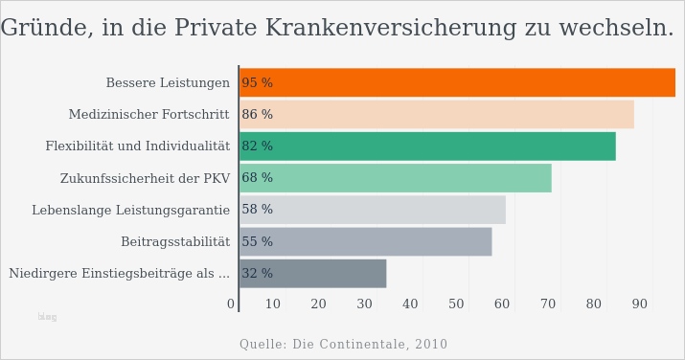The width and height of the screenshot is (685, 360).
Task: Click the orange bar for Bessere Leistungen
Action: point(457,82)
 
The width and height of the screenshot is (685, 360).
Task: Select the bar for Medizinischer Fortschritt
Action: point(436,115)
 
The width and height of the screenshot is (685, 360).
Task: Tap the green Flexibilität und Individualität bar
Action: point(427,146)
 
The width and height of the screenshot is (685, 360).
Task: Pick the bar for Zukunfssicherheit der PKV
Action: point(395,178)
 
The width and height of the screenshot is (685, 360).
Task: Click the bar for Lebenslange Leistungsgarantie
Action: point(372,210)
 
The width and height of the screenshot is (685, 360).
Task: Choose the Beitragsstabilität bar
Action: point(365,241)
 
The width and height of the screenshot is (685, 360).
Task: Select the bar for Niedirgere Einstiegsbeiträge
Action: point(312,273)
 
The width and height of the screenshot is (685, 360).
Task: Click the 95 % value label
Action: point(257,83)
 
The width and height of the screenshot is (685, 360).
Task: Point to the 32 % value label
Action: point(257,274)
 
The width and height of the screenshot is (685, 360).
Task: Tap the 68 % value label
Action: point(257,178)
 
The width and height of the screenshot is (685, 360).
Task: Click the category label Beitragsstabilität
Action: point(175,242)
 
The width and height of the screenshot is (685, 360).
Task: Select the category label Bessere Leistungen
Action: point(168,83)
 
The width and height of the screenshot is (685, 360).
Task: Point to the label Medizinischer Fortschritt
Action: point(148,115)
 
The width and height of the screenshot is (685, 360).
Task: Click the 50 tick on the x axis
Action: point(456,304)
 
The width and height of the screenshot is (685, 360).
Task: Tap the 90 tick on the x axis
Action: point(639,304)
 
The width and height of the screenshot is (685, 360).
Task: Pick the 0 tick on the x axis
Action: point(231,304)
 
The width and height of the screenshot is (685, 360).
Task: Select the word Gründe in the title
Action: point(40,29)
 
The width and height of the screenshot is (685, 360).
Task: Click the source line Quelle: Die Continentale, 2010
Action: point(343,345)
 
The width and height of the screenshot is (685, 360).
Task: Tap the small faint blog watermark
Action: point(47,317)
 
